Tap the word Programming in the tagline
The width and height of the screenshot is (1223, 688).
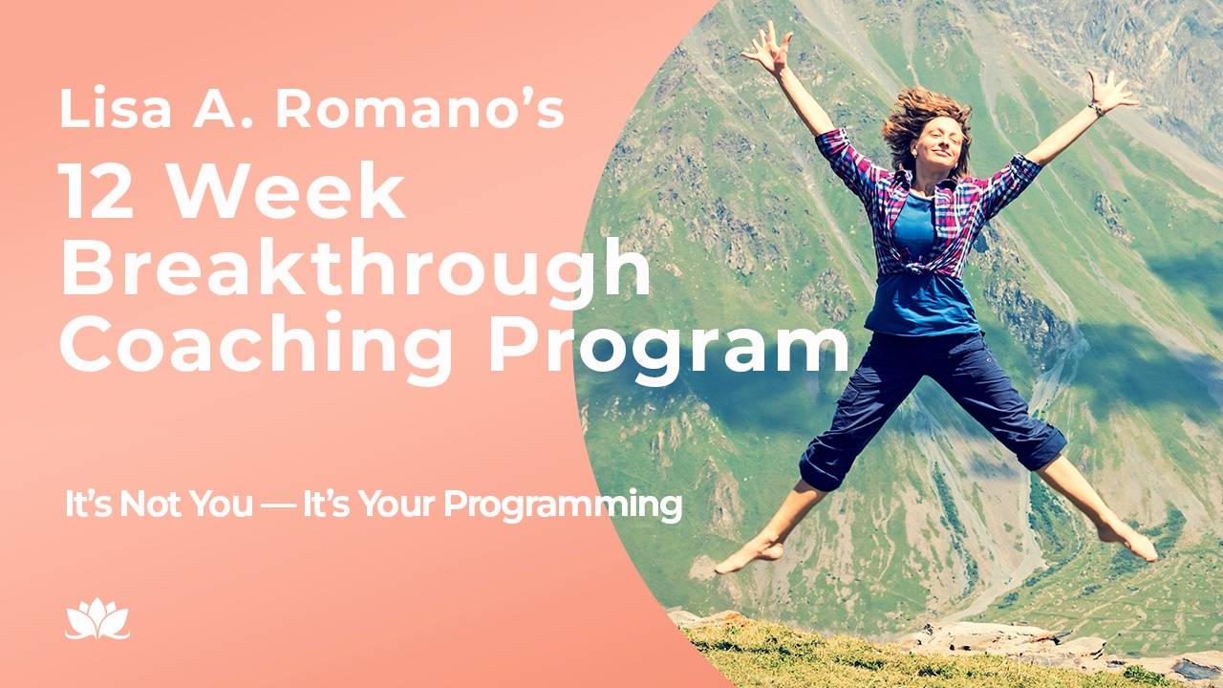(x=563, y=504)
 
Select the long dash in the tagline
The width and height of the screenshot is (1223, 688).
(x=277, y=505)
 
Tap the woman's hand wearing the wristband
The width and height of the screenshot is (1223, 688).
(x=1111, y=92)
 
